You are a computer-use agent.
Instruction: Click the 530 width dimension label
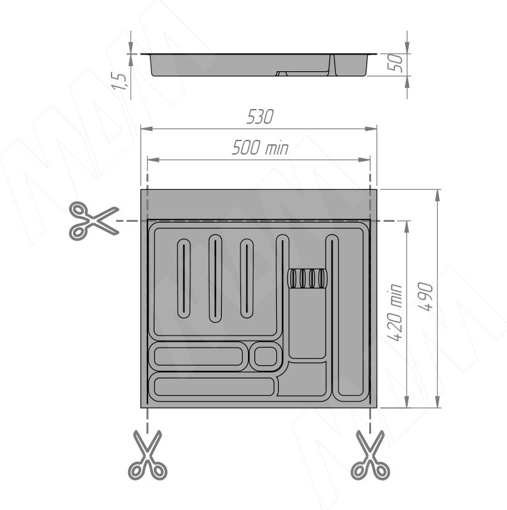point(260,117)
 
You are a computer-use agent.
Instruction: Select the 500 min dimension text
point(260,148)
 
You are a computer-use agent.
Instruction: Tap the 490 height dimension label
point(426,296)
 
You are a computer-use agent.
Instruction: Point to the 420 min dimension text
point(395,312)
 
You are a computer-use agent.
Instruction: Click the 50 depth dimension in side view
point(395,63)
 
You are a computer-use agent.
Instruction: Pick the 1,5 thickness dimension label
point(119,81)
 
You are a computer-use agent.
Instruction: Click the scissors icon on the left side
point(94,221)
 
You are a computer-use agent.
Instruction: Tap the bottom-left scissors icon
point(148,455)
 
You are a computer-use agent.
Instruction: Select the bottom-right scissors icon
point(370,455)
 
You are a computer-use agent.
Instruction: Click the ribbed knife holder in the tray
point(308,279)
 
